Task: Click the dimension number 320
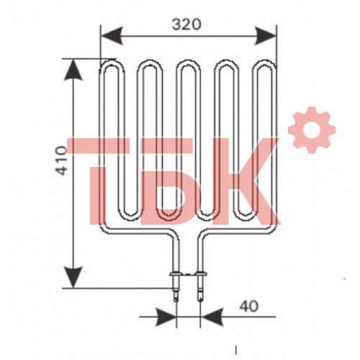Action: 186,24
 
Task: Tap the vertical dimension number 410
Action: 61,161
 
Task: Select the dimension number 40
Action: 249,306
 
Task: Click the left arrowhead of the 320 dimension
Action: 112,36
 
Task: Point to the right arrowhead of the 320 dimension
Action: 265,36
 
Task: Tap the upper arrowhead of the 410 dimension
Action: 73,70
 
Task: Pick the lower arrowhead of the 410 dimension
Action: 73,277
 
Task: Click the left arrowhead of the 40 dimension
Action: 166,317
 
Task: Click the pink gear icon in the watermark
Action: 312,130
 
